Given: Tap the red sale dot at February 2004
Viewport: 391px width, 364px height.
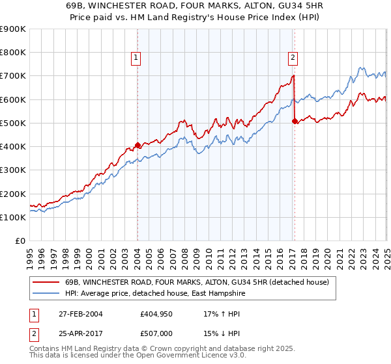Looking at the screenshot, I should (138, 145).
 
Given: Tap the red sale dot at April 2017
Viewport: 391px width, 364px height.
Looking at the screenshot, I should (295, 121).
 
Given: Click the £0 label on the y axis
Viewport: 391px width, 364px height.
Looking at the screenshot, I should (20, 240).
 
